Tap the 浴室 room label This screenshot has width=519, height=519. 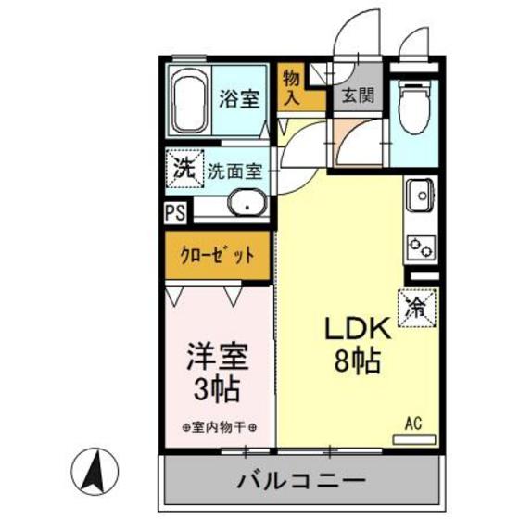coord(240,98)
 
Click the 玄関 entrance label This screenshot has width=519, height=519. coord(352,95)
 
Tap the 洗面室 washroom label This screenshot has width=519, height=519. coord(234,171)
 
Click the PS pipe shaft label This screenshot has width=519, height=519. coord(174,211)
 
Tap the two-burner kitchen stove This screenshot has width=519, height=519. coord(420,247)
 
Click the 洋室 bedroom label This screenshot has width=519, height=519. coord(218,357)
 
